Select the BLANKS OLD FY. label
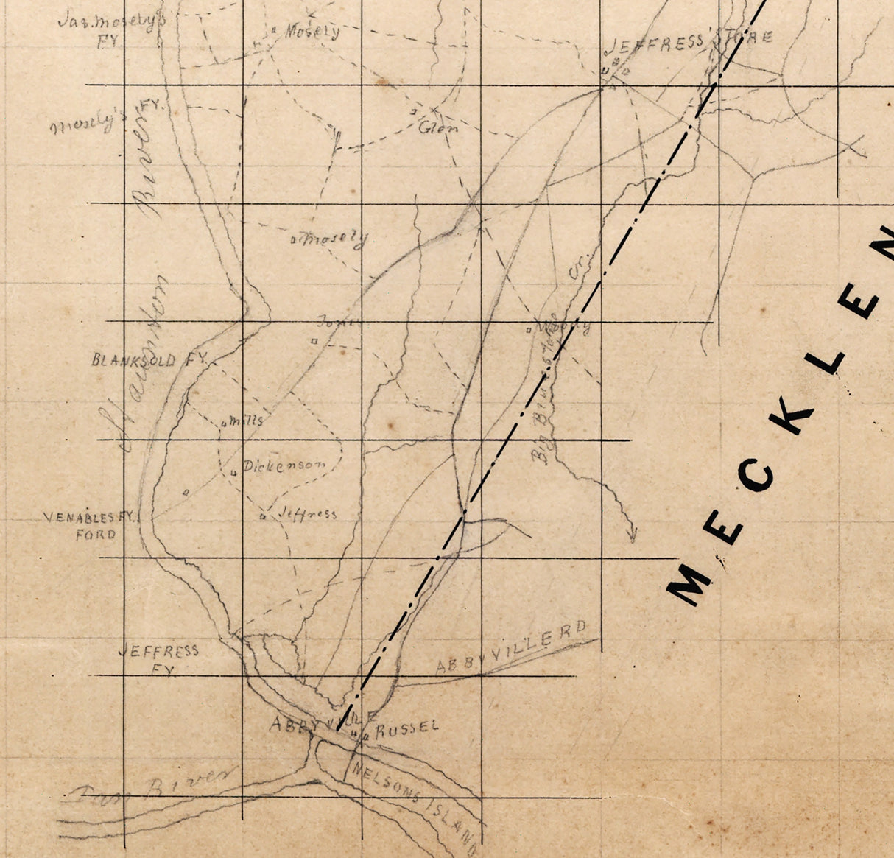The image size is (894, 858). tap(151, 360)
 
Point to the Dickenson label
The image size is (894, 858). tap(284, 465)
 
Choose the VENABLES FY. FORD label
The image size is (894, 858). tap(91, 525)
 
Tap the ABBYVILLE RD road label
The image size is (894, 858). tap(513, 648)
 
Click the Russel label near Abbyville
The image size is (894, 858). tap(406, 728)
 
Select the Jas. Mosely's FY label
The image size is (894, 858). tap(110, 29)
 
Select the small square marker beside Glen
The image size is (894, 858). tap(414, 111)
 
